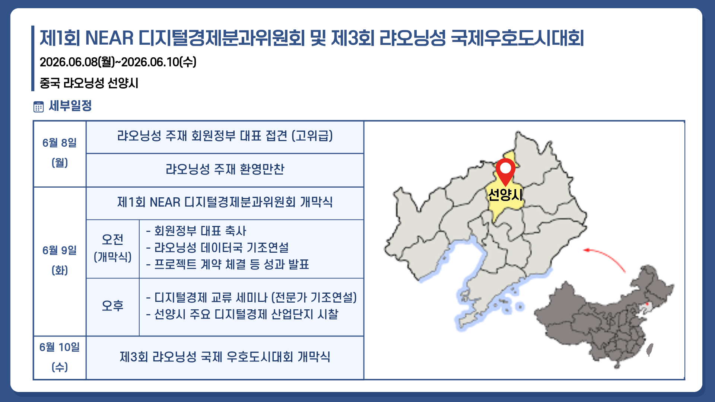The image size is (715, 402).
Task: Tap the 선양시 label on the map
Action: (505, 195)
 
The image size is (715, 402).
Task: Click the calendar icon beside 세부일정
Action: (38, 107)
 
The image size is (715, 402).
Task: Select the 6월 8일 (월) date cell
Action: (60, 153)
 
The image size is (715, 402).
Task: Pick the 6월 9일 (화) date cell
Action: (60, 261)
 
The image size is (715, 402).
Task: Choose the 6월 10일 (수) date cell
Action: (60, 357)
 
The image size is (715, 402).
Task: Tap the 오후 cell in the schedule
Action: (112, 306)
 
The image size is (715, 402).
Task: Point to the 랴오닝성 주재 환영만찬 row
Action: (225, 170)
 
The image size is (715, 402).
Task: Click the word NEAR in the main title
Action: (109, 38)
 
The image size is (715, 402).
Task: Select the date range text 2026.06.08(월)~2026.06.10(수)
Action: (118, 62)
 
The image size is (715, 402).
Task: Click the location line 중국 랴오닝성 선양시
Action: (89, 83)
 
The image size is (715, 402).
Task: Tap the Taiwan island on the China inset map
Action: (650, 350)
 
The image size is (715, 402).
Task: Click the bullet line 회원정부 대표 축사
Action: (200, 231)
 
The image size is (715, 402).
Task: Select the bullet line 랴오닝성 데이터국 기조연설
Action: (221, 248)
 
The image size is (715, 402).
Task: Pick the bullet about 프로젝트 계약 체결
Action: (231, 265)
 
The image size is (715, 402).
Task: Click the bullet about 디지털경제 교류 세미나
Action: (255, 298)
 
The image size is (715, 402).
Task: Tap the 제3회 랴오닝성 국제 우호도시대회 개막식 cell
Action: (225, 357)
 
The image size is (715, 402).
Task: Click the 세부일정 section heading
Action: (70, 106)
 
